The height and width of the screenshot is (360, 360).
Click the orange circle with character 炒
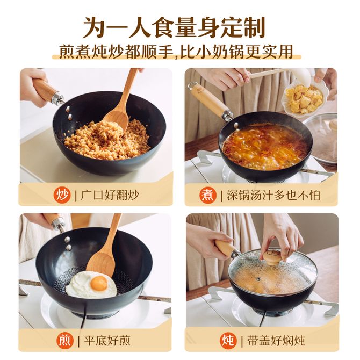62,195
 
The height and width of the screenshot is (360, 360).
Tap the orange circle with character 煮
207,195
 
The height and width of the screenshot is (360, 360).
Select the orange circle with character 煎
65,341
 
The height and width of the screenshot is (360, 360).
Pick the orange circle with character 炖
228,341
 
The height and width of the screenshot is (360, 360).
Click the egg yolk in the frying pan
98,283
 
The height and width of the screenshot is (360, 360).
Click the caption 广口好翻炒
110,196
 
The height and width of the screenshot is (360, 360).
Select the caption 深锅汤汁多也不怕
273,196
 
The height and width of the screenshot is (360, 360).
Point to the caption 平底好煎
107,341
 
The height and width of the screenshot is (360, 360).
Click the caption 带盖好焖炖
276,341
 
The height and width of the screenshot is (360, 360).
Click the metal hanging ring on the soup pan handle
191,86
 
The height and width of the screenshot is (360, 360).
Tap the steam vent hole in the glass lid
258,279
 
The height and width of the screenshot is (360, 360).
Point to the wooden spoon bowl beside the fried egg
100,264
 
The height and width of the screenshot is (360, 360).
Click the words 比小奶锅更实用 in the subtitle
236,52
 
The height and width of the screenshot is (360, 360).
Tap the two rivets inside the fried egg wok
68,243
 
